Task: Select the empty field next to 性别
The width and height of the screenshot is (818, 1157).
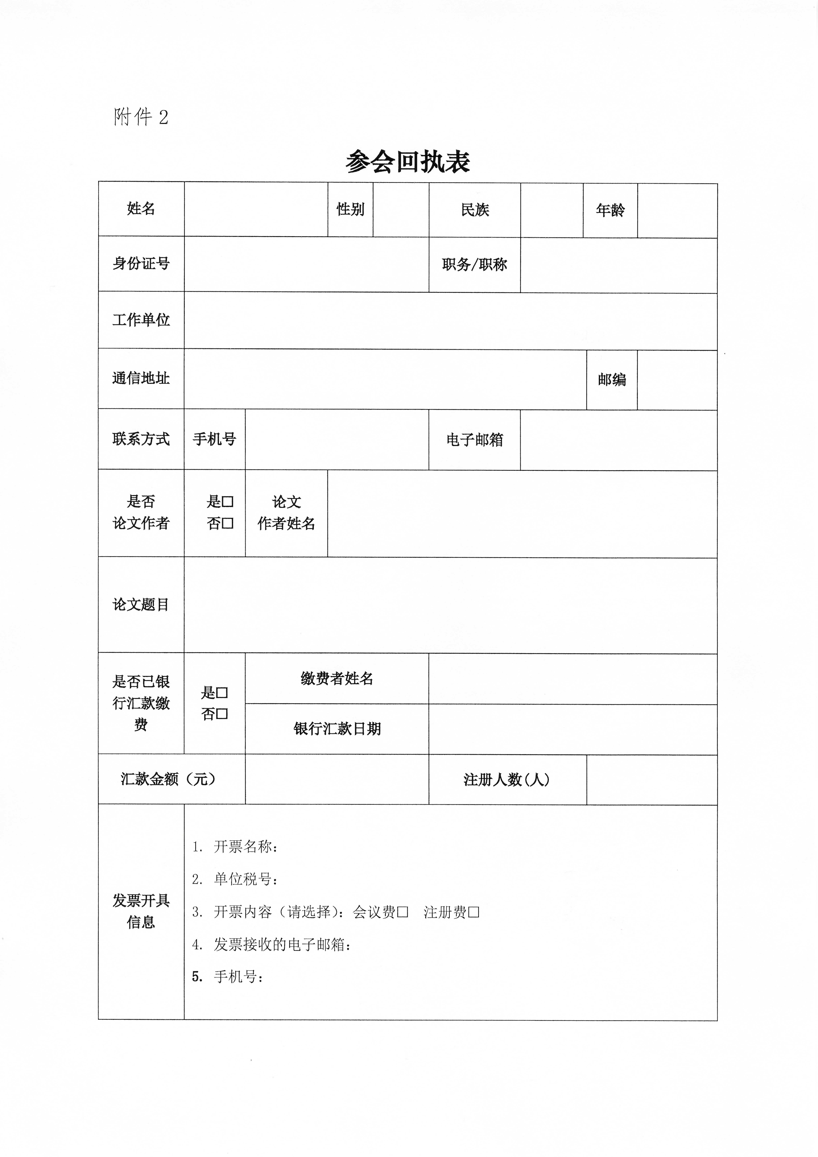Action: [401, 210]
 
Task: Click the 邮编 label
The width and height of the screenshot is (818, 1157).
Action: [612, 379]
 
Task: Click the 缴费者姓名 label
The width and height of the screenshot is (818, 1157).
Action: [337, 679]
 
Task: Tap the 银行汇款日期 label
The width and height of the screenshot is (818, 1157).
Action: [337, 729]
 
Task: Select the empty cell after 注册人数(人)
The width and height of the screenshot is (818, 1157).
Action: [652, 780]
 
